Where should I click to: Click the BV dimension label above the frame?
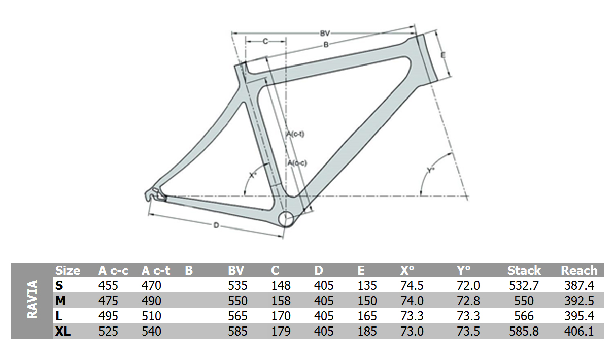tap(325, 34)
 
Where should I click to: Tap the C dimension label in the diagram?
tap(265, 41)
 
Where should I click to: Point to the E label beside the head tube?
tap(443, 55)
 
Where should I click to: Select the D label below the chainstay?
tap(216, 225)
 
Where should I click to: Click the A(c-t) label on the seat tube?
tap(295, 134)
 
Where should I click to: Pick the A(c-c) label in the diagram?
tap(297, 163)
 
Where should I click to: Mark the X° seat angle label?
tap(253, 175)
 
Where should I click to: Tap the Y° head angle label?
tap(430, 170)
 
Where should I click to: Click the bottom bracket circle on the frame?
tap(286, 219)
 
